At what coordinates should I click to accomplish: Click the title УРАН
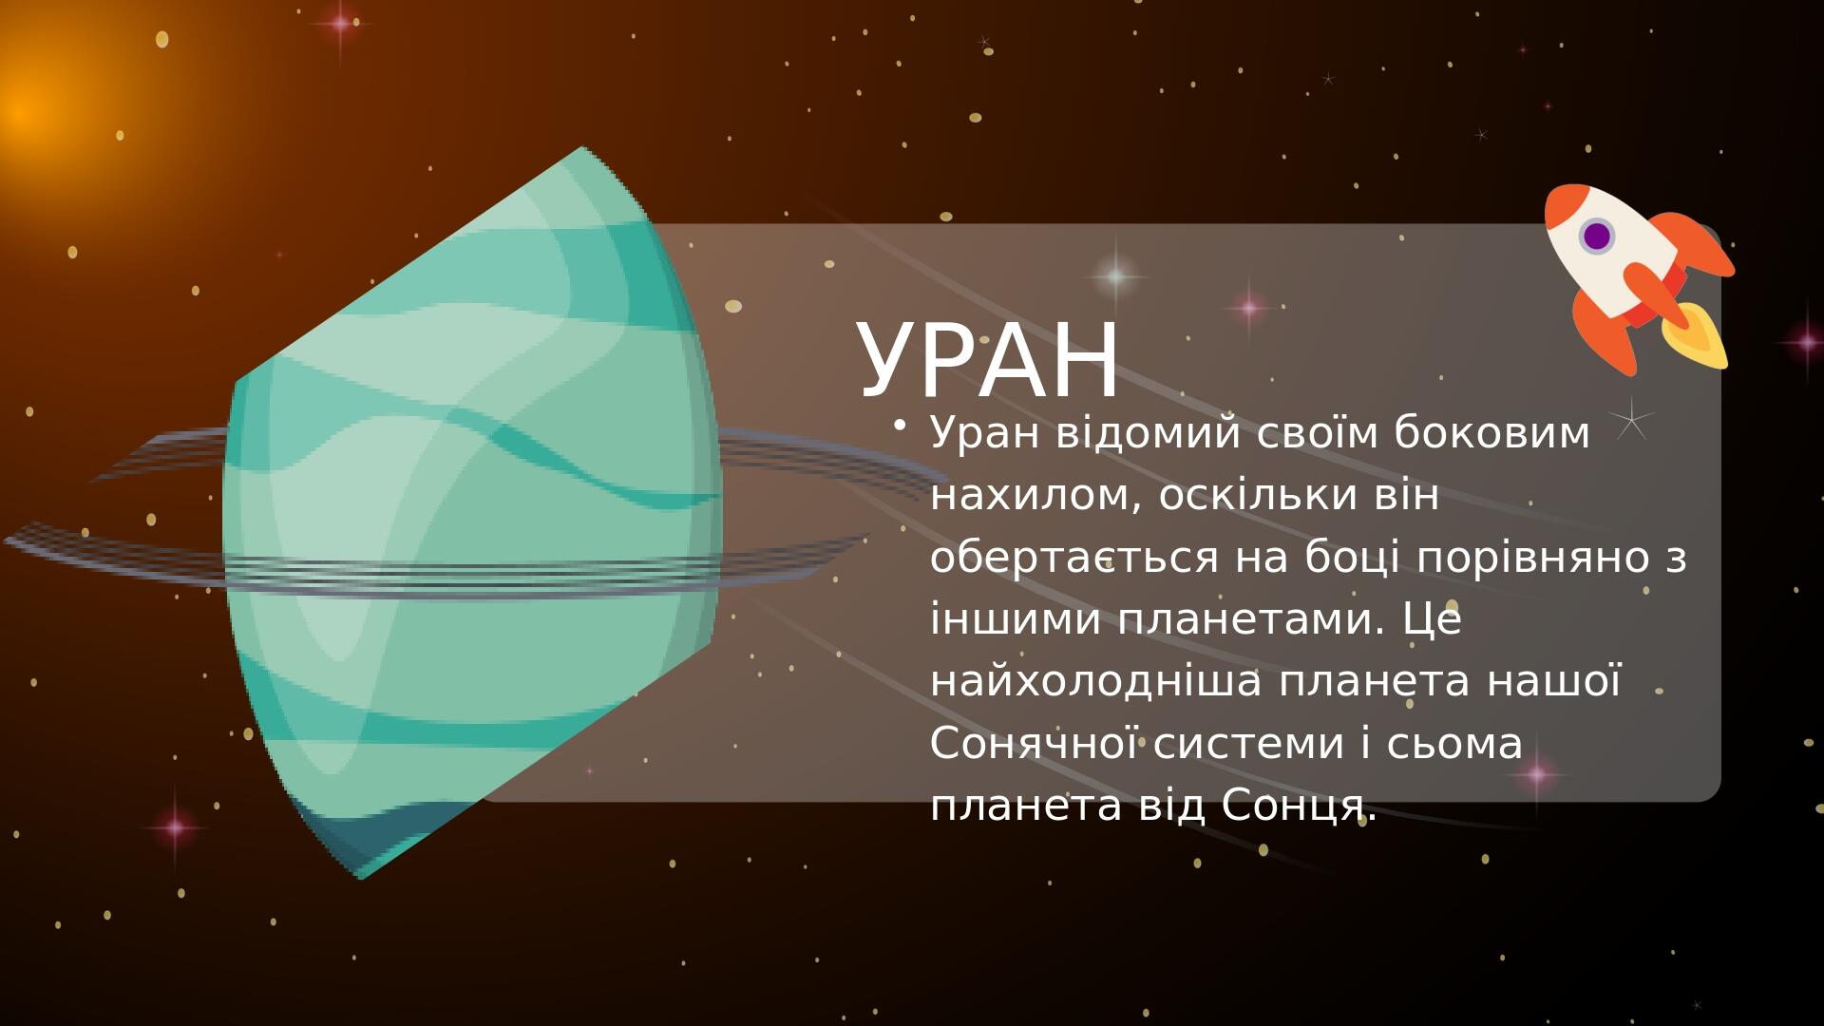(988, 361)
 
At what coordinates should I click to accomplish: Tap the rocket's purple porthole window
(1597, 236)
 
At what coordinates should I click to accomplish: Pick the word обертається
(1073, 558)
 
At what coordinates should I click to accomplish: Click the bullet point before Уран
(900, 427)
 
